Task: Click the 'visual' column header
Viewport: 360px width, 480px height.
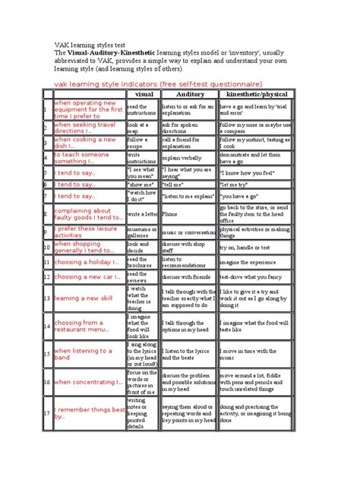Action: [x=144, y=94]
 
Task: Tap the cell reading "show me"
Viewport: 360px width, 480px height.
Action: [x=141, y=183]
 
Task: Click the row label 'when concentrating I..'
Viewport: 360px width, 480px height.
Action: [x=87, y=382]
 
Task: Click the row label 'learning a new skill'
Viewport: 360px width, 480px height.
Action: [x=86, y=298]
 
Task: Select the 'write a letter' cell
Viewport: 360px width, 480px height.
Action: [x=143, y=214]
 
